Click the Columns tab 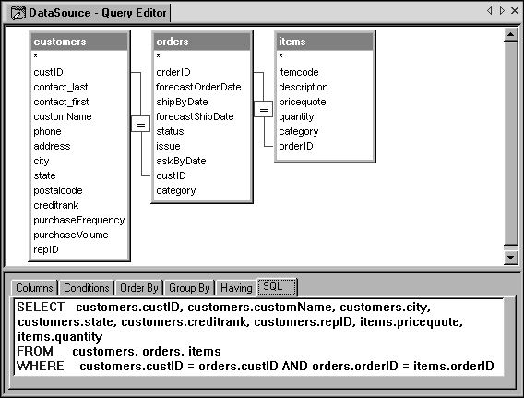(34, 288)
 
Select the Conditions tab (86, 288)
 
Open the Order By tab (138, 288)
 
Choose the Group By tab (189, 288)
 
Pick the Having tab (236, 288)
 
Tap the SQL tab (277, 286)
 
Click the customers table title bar (79, 42)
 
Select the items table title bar (325, 42)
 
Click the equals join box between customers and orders (140, 125)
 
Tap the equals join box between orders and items (263, 109)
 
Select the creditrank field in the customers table (56, 205)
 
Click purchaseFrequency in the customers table (78, 220)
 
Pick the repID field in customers (46, 249)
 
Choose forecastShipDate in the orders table (195, 116)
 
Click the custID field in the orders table (171, 175)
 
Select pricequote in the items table (303, 102)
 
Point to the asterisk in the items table (281, 55)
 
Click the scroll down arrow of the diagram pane (511, 258)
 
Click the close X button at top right (515, 11)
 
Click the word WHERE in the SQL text (41, 366)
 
